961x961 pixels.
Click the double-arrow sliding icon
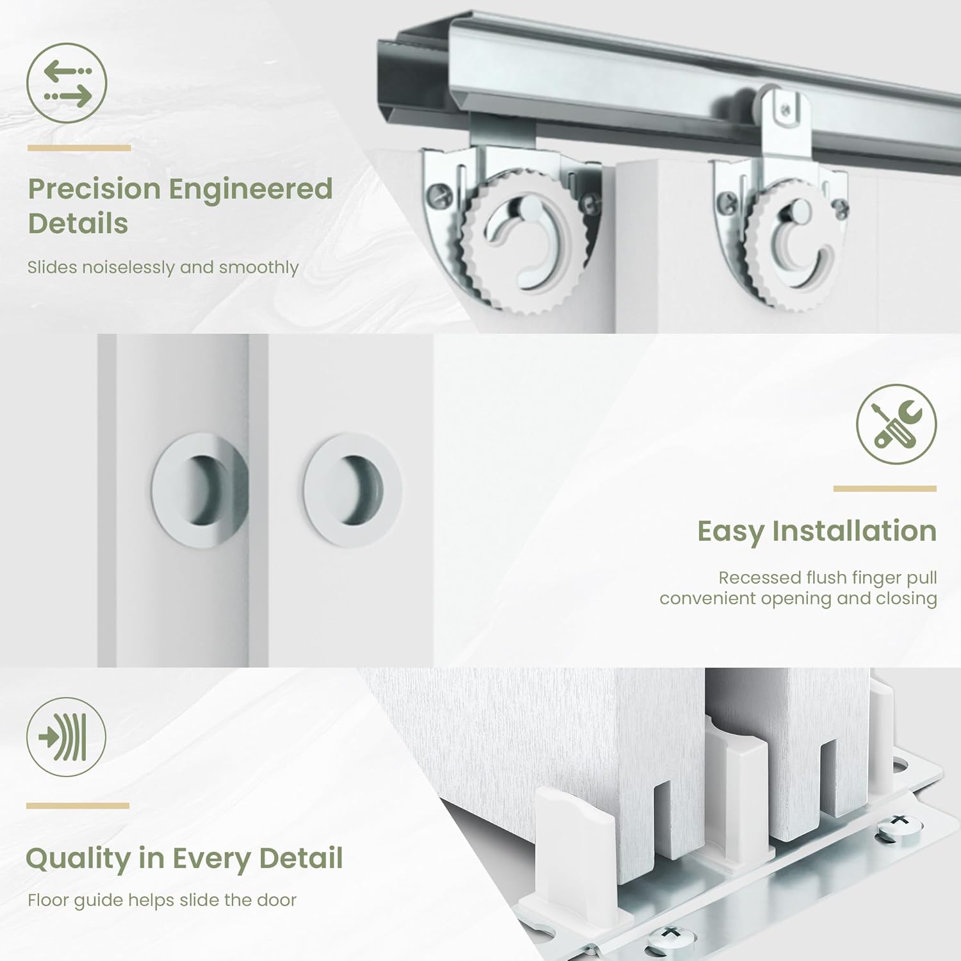[x=67, y=83]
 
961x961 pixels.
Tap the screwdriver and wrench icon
[x=896, y=424]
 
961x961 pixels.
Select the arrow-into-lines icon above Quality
[x=66, y=737]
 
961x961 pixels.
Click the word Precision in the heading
[x=94, y=189]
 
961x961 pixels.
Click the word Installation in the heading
[x=854, y=531]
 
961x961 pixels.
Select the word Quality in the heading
[x=78, y=859]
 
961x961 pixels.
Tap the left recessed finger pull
[x=199, y=490]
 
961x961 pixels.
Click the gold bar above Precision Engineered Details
[x=79, y=148]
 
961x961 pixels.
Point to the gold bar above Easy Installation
[x=885, y=489]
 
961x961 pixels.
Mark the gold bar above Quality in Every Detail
[x=78, y=806]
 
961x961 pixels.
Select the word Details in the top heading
[x=78, y=224]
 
